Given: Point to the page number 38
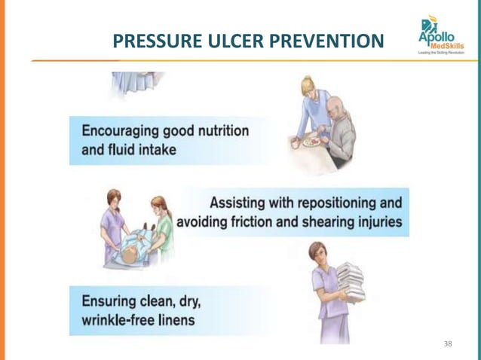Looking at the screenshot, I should click(x=449, y=343).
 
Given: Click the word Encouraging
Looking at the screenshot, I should click(x=117, y=131).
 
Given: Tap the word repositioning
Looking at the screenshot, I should click(x=323, y=203).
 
